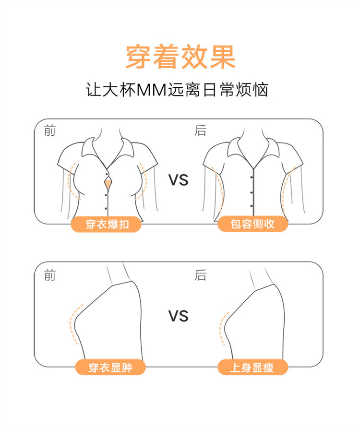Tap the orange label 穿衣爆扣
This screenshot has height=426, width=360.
point(106,224)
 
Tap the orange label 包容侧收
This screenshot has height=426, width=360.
point(253,224)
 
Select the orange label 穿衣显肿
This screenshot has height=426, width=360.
point(110,367)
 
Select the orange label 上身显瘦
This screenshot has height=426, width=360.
point(253,367)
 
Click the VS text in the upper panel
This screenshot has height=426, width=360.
point(178,180)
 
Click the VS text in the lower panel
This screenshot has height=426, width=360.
point(178,316)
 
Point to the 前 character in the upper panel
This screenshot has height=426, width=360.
point(49,131)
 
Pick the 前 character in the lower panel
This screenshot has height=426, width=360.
point(49,275)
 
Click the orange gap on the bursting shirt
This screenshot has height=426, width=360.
point(109,182)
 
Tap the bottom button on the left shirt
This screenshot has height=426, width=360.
point(106,208)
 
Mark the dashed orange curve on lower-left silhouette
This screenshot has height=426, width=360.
point(74,324)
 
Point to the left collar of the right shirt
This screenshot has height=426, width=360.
point(238,149)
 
